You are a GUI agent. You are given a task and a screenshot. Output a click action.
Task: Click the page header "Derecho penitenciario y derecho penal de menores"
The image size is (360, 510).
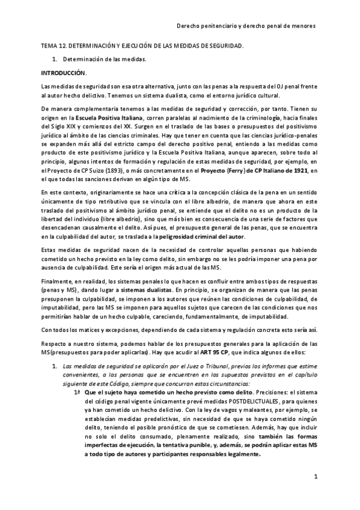click(248, 26)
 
